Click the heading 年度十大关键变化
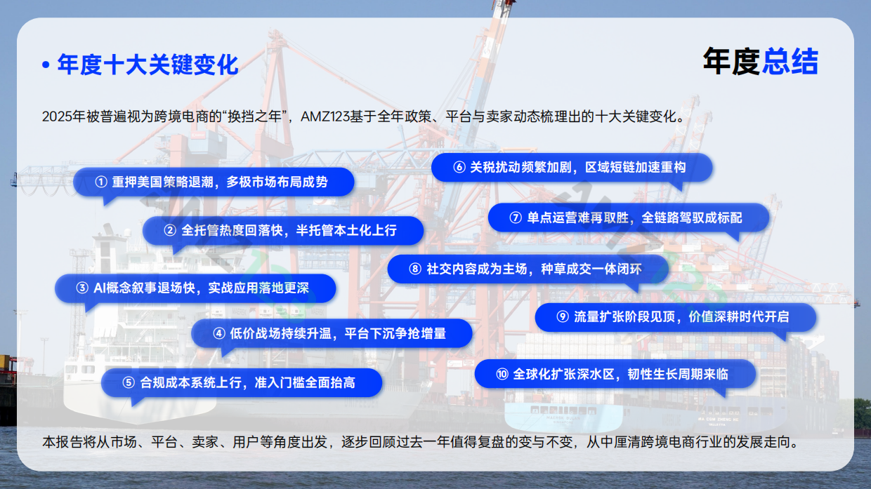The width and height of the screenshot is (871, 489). (148, 65)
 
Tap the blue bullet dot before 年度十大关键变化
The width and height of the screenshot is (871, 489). (46, 66)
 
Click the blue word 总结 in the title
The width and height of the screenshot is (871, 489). (790, 62)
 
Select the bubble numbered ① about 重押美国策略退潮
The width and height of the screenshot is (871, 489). (214, 182)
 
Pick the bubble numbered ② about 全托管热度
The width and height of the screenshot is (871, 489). (283, 230)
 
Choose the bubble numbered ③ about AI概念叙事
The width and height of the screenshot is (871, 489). (195, 288)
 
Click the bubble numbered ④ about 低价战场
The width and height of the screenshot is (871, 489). (332, 333)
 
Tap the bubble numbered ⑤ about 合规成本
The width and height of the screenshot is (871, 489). (242, 382)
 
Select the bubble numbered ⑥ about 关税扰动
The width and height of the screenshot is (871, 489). (572, 168)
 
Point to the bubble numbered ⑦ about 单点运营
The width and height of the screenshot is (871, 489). (628, 217)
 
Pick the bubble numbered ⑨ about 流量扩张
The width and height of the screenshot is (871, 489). (675, 317)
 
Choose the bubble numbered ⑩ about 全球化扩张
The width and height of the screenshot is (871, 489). (615, 374)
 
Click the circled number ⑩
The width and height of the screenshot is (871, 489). (502, 374)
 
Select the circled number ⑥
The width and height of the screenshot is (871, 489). (459, 168)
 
